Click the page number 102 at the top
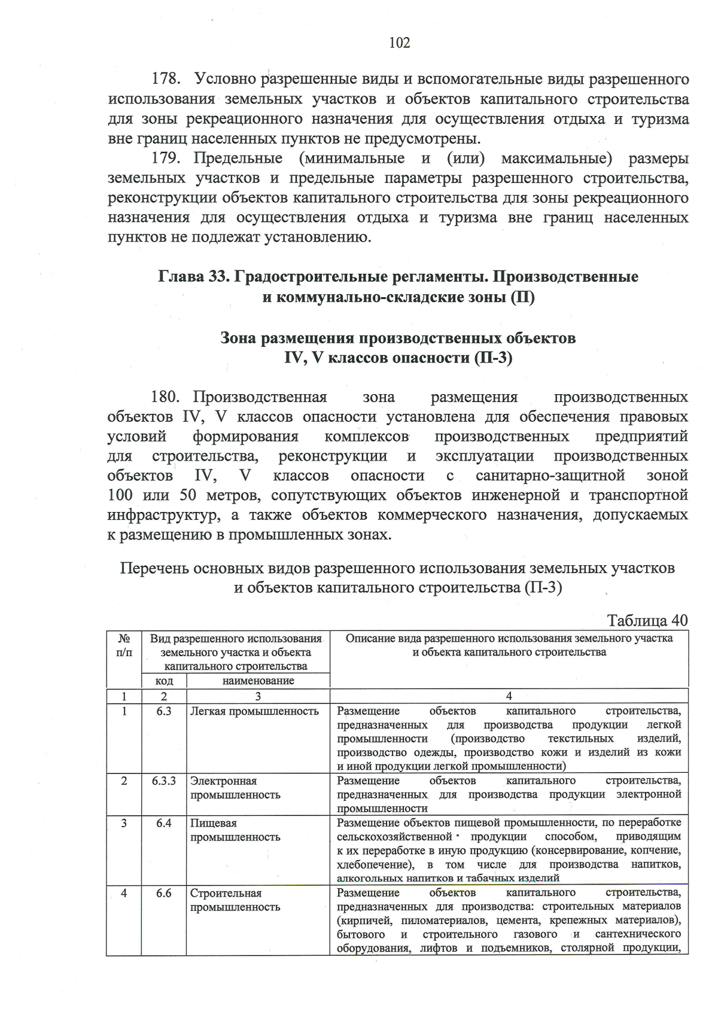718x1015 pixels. coord(399,43)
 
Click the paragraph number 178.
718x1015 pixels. coord(166,80)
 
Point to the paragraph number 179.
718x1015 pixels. coord(166,159)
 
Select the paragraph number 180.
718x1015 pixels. coord(166,397)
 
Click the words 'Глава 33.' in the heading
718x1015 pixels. coord(193,277)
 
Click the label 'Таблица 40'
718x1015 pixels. coord(647,620)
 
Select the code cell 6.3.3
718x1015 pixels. coord(163,781)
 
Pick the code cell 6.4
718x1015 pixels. coord(163,823)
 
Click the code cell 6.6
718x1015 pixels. coord(163,893)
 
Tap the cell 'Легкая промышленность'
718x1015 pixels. coord(254,711)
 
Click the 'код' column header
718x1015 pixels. coord(164,681)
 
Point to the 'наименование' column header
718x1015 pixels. coord(258,681)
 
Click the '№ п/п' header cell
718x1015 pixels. coord(124,645)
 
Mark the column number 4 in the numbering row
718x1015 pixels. coord(509,696)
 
